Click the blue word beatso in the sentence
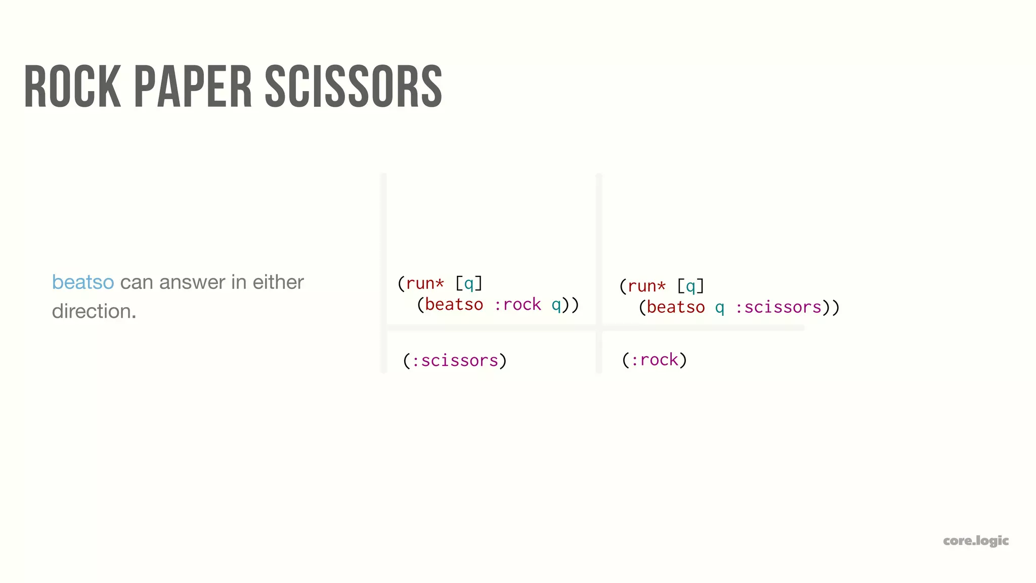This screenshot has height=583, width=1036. (x=83, y=282)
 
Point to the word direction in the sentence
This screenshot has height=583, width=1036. (x=94, y=311)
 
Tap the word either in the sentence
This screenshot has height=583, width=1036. (x=278, y=282)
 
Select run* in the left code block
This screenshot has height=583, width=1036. (x=425, y=283)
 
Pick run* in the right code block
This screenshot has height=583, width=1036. (x=646, y=286)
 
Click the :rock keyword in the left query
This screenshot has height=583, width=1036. (x=517, y=305)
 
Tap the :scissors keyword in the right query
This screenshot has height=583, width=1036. (x=778, y=307)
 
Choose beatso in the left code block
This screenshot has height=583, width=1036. (x=454, y=305)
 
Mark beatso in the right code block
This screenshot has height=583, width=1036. (x=675, y=307)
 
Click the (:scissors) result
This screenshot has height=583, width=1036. (x=455, y=360)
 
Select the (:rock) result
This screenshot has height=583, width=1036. (x=654, y=360)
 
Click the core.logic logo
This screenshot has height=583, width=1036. (x=976, y=540)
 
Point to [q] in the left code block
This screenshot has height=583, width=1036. (x=469, y=283)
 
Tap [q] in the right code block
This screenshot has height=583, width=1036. (x=690, y=286)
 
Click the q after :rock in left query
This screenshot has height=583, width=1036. (x=556, y=305)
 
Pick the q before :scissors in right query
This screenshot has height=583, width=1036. (x=719, y=307)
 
